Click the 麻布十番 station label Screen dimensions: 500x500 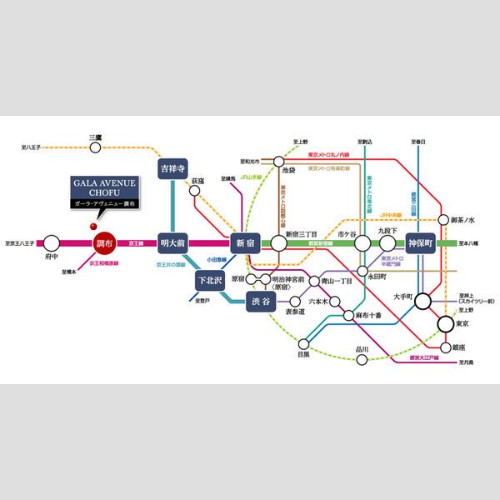[366, 316]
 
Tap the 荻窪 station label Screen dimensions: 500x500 [197, 181]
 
